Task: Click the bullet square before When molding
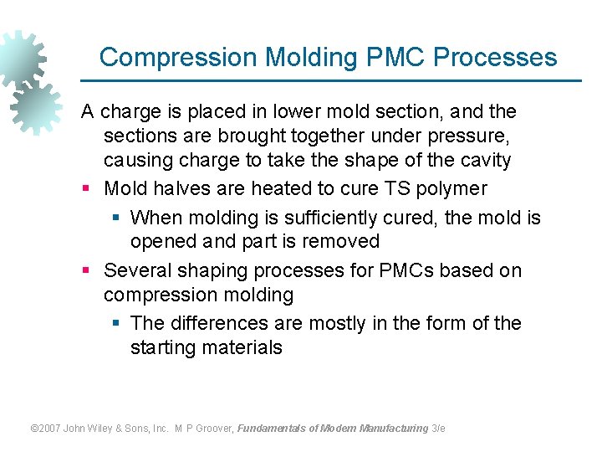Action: tap(116, 218)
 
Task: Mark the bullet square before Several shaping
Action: tap(86, 271)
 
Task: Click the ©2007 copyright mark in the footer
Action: tap(45, 428)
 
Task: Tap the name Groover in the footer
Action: tap(214, 428)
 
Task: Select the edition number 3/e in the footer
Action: tap(438, 428)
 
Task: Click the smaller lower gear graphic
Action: tap(35, 107)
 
